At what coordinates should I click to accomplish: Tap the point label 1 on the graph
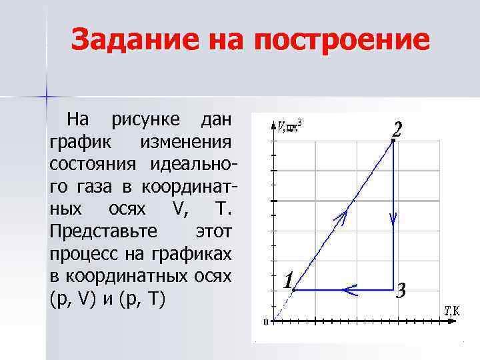[287, 281]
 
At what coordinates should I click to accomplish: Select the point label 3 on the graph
[401, 292]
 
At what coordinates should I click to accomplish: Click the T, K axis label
[451, 310]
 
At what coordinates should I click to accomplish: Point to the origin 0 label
[265, 323]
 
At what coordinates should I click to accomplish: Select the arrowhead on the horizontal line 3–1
[347, 289]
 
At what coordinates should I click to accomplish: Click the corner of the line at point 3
[393, 289]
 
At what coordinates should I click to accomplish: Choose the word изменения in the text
[185, 143]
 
